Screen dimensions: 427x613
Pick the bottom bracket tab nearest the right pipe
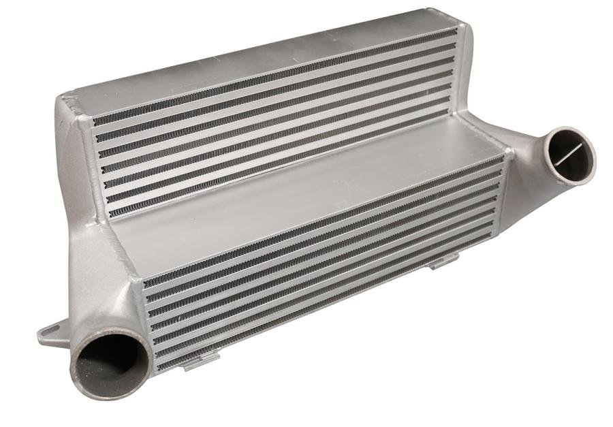click(x=444, y=259)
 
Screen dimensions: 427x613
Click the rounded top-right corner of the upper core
click(x=463, y=27)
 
